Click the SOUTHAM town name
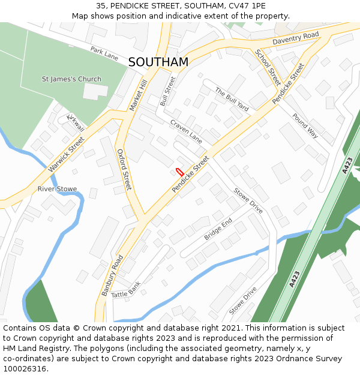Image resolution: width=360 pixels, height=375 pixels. [x=158, y=62]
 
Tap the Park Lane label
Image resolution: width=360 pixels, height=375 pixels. [x=104, y=53]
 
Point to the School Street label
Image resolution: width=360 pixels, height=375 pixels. [x=268, y=67]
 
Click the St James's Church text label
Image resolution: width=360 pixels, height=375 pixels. [x=71, y=79]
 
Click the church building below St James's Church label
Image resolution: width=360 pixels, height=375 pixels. [x=95, y=92]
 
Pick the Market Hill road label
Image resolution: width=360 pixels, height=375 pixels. [x=138, y=95]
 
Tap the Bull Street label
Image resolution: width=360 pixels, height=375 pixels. [x=168, y=91]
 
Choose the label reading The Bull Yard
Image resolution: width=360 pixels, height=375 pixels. [x=232, y=100]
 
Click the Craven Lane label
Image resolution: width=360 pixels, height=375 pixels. [x=186, y=131]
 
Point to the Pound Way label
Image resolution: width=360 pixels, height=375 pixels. [x=305, y=125]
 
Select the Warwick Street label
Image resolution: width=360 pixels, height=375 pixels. [x=67, y=154]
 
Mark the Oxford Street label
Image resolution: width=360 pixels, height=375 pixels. [x=124, y=169]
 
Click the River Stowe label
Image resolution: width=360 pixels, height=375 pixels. [x=57, y=189]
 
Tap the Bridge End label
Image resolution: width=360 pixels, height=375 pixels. [x=218, y=229]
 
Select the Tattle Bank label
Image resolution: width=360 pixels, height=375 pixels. [x=126, y=290]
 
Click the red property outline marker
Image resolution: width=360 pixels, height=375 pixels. [x=179, y=172]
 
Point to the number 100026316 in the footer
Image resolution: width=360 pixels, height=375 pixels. [x=25, y=369]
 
